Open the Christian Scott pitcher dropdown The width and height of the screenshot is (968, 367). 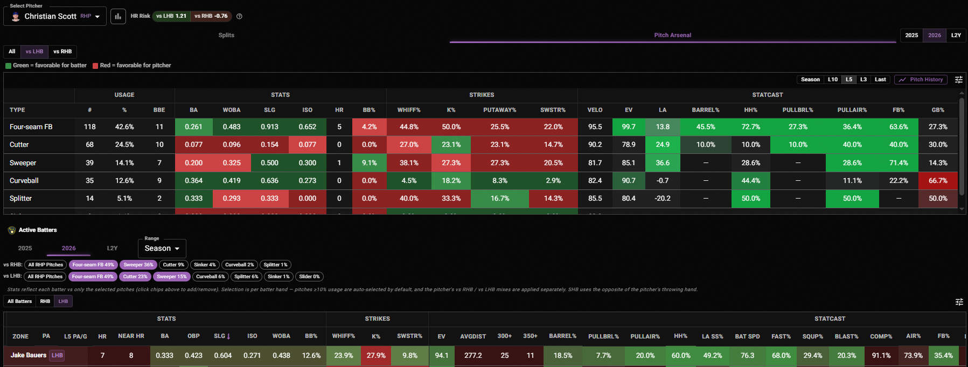click(55, 16)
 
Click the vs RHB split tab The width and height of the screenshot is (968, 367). click(62, 52)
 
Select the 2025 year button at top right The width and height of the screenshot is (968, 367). click(911, 35)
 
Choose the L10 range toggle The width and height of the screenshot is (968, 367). click(833, 80)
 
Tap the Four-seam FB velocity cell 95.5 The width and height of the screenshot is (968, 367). click(595, 127)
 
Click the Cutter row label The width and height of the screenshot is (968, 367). click(19, 145)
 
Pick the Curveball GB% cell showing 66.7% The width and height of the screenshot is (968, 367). click(938, 181)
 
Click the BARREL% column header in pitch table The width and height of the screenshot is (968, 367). click(706, 110)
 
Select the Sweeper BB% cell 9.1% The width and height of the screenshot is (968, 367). click(369, 163)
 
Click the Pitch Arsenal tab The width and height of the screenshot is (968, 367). click(672, 36)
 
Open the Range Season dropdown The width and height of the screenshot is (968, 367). click(162, 248)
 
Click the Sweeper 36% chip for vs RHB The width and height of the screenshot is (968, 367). click(138, 265)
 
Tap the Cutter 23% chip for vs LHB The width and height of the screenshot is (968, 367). click(135, 277)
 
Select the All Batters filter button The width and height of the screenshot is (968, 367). click(19, 301)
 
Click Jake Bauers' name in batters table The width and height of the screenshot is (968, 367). click(29, 355)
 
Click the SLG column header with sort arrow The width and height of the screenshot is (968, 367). click(222, 336)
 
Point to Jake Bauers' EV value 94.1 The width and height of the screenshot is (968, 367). click(442, 356)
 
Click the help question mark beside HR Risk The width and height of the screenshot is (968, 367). click(239, 16)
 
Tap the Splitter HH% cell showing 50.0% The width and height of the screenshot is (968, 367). click(751, 199)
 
